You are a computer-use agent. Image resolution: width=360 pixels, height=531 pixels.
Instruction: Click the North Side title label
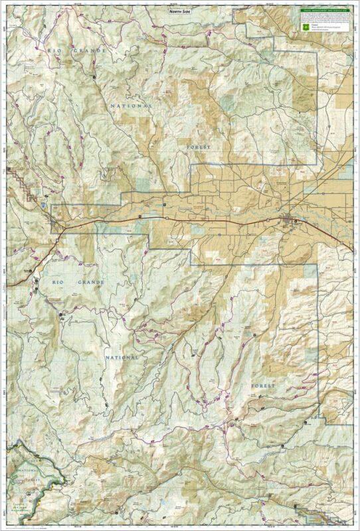pyautogui.click(x=180, y=11)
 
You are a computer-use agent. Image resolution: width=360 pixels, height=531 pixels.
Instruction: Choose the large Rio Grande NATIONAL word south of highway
pyautogui.click(x=122, y=357)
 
